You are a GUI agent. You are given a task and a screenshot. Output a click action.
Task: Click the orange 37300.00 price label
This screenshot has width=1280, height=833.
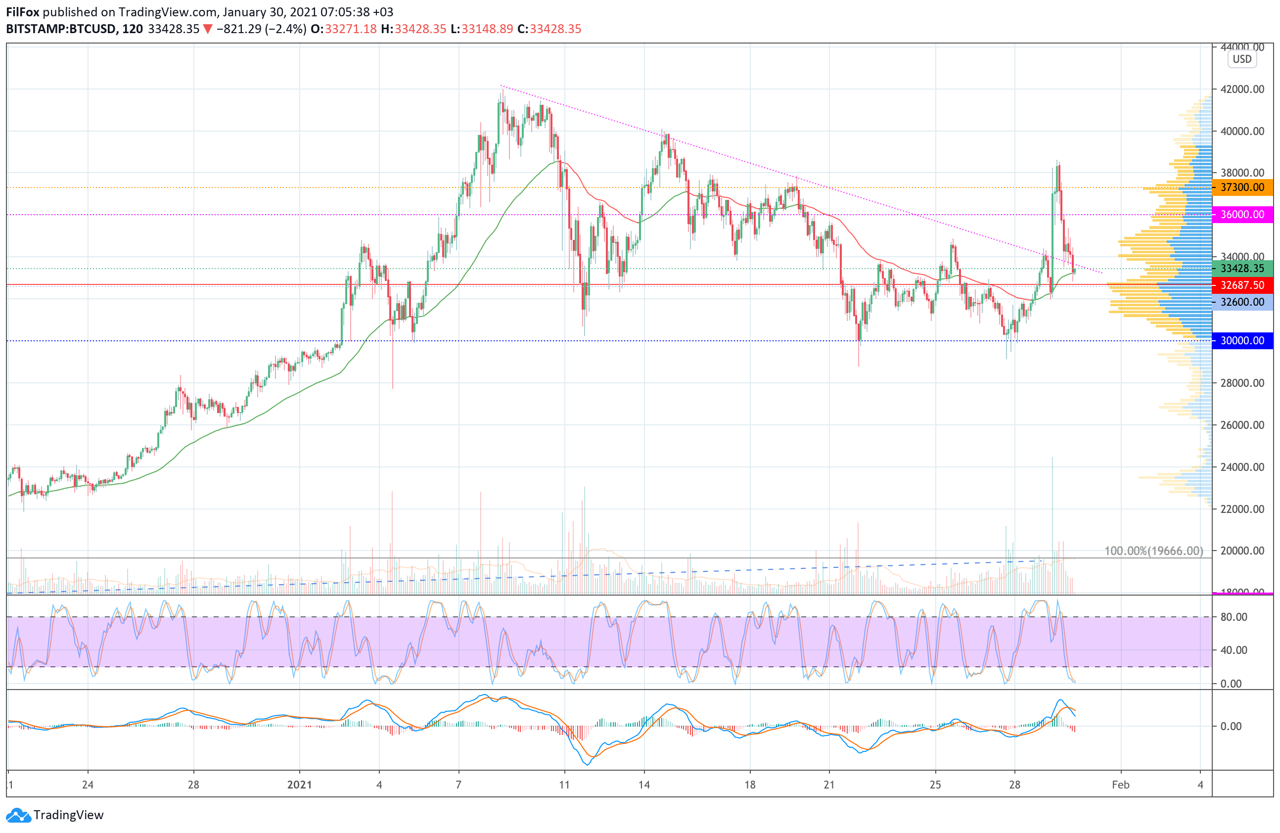click(1242, 187)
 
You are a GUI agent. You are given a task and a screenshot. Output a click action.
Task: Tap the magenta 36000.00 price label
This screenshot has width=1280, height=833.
click(1242, 214)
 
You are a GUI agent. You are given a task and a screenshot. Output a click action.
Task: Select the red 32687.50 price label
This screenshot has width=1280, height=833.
click(1242, 285)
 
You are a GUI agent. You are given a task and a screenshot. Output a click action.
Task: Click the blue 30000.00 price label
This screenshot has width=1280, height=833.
click(1242, 340)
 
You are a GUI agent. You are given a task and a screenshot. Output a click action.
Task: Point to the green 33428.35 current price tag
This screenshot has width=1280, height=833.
click(1242, 268)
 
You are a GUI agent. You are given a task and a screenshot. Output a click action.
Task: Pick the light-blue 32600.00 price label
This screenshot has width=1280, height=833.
click(1242, 302)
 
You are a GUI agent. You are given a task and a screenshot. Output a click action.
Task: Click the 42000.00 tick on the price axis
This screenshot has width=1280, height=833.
click(1242, 89)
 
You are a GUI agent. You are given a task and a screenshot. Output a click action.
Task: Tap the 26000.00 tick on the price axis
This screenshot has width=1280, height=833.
click(1242, 425)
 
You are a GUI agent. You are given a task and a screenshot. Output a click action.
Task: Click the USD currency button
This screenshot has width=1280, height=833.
click(1242, 59)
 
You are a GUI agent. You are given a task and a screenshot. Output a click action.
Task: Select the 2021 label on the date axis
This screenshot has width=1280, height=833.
click(300, 785)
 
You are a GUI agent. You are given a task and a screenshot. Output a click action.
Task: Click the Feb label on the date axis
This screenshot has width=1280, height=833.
click(1120, 785)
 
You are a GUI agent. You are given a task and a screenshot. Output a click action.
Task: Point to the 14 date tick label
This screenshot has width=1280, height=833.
click(644, 785)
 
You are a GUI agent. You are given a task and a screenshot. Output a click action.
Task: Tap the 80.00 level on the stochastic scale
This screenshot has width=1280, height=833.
click(1234, 617)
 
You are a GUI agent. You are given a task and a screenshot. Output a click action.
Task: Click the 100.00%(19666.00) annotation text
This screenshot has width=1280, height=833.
click(1153, 551)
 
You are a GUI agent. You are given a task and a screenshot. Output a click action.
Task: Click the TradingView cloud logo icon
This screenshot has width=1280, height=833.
click(19, 815)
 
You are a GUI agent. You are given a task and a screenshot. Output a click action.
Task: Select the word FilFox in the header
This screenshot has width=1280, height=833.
click(23, 12)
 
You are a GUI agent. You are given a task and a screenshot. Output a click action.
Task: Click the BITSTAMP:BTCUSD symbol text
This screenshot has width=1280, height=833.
click(61, 29)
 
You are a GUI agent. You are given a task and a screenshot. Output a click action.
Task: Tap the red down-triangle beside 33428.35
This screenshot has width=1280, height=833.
click(208, 29)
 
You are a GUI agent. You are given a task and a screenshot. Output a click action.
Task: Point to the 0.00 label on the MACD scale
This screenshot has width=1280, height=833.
click(1231, 726)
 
